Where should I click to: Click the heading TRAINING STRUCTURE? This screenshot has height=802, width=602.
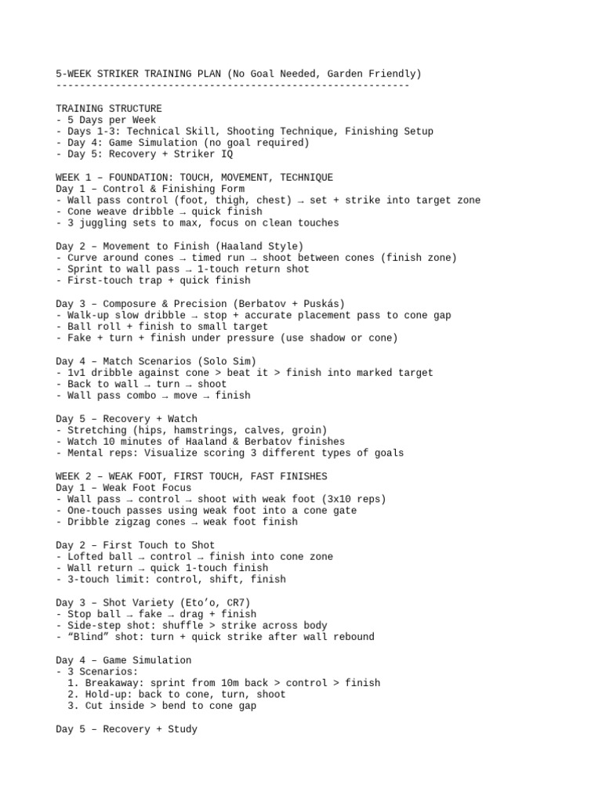point(109,108)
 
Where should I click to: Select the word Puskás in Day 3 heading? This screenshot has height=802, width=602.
point(321,303)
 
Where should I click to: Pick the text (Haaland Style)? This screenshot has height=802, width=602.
point(260,246)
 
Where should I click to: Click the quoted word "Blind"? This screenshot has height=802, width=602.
point(88,637)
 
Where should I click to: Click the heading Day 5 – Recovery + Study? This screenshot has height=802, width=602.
point(126,729)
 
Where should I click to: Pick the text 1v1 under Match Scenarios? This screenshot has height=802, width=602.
point(76,373)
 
